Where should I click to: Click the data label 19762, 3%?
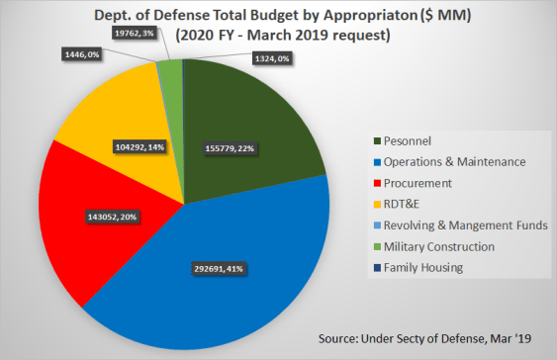pos(133,36)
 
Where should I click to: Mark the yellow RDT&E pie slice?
pos(109,119)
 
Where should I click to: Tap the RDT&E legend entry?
pos(408,205)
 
